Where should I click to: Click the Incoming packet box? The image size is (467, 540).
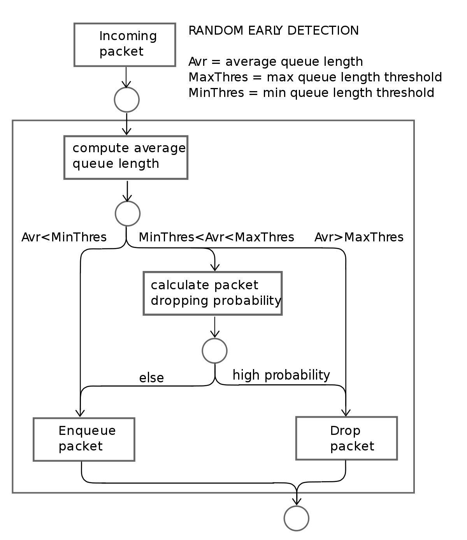125,44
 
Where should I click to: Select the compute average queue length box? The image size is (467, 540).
126,157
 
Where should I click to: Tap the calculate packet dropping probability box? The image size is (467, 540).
212,293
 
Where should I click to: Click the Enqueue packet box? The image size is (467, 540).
84,439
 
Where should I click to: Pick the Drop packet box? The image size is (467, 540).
346,438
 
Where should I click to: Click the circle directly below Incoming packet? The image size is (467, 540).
126,100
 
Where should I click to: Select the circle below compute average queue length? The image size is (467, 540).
127,213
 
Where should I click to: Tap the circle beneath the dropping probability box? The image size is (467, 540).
214,351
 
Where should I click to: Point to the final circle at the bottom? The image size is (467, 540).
297,518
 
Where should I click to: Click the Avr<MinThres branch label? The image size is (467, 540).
64,237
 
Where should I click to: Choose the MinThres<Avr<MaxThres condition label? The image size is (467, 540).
216,237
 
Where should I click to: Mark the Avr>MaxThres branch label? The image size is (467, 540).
359,237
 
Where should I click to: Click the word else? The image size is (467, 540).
151,378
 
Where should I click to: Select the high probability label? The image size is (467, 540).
281,375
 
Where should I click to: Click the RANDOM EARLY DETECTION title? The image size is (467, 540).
273,30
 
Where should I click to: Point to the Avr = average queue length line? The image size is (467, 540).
276,62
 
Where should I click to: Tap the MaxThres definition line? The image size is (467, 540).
315,77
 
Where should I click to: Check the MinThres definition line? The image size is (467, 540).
311,93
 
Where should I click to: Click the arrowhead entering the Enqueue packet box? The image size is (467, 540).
80,413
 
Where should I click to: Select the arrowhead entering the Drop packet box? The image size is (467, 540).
346,413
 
